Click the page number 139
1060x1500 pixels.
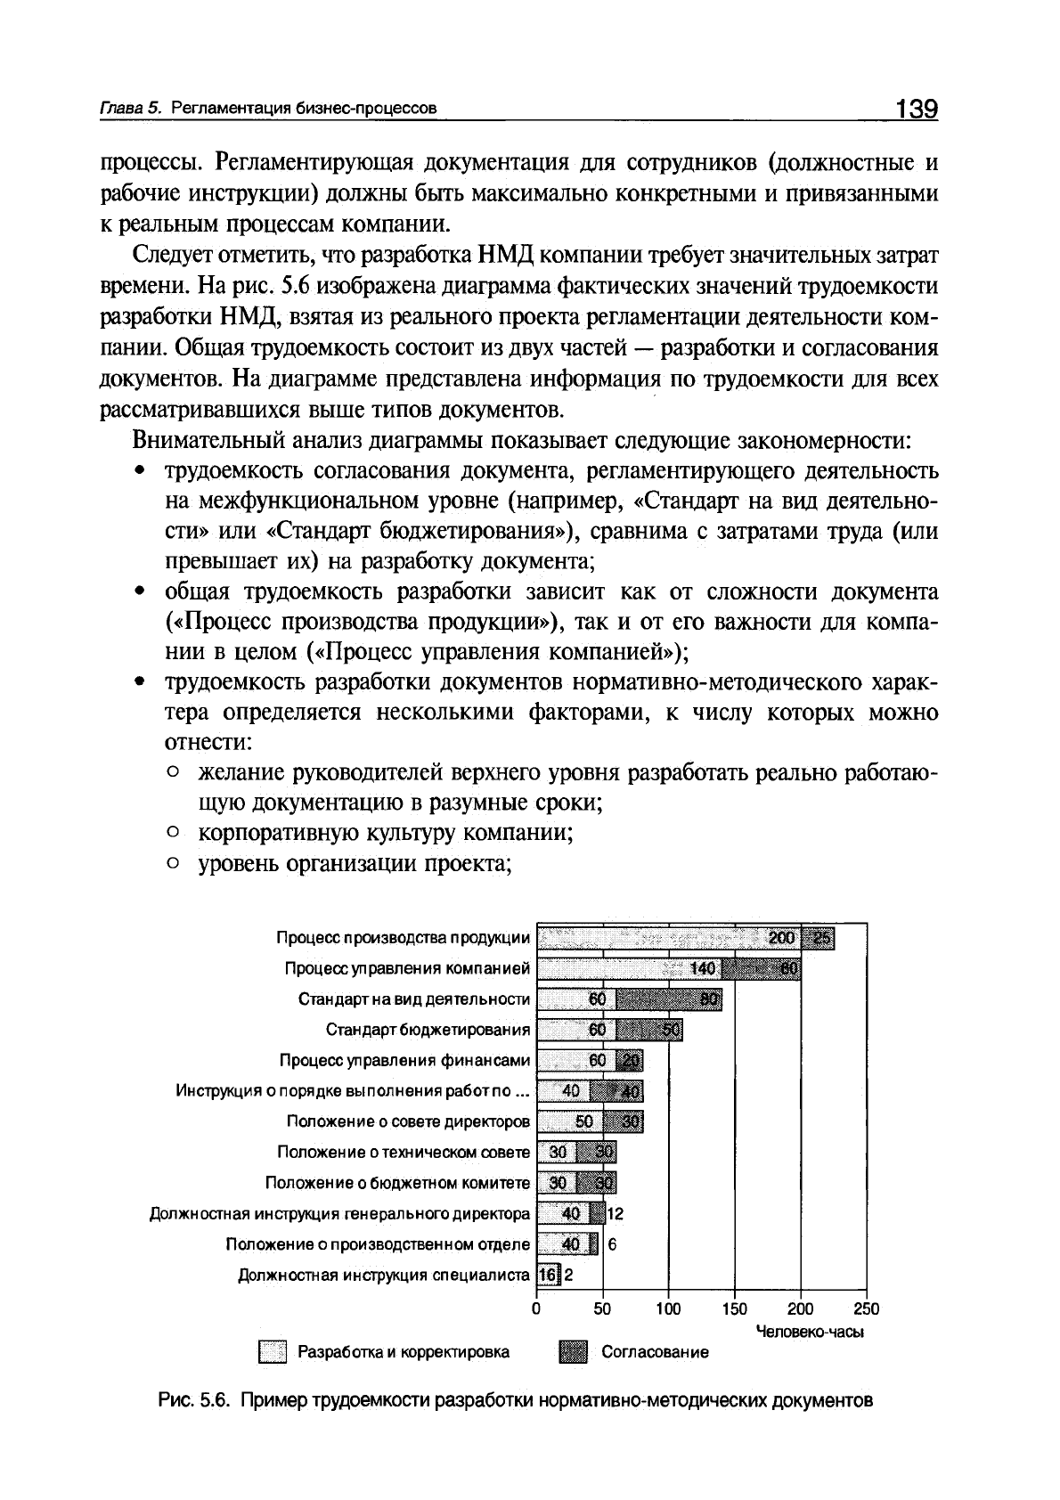click(917, 109)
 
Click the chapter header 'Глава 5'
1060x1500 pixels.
click(129, 110)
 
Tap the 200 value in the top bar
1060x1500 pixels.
click(781, 938)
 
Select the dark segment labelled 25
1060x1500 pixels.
click(819, 938)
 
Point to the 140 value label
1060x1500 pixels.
click(703, 968)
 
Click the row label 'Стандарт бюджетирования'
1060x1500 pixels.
click(428, 1031)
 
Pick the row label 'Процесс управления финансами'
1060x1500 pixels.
click(404, 1061)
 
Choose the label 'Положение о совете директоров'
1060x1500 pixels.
click(408, 1121)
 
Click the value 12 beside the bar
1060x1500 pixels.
click(616, 1213)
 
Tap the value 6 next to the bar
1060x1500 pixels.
click(613, 1244)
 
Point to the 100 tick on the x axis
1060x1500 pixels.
click(668, 1308)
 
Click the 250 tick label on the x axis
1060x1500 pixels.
click(866, 1308)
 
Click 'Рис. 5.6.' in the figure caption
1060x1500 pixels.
click(195, 1400)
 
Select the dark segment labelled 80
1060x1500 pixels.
click(670, 999)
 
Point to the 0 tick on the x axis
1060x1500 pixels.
click(536, 1308)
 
